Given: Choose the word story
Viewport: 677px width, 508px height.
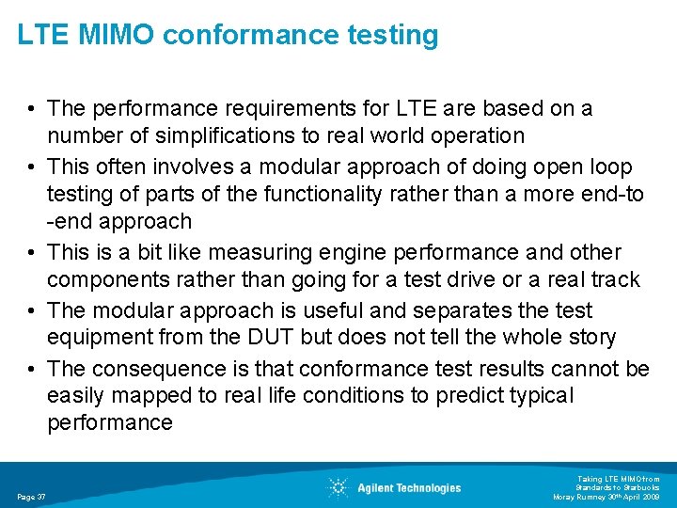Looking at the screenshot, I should (589, 337).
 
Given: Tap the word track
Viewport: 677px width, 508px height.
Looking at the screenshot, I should (612, 280).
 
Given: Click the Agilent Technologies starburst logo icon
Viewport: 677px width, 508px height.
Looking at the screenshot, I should (338, 487).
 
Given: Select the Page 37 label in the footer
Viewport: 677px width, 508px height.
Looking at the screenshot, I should (32, 497).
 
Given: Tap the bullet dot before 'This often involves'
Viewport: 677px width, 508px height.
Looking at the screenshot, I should (31, 167).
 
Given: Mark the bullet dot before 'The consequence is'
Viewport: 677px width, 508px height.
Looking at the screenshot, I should (31, 370).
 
